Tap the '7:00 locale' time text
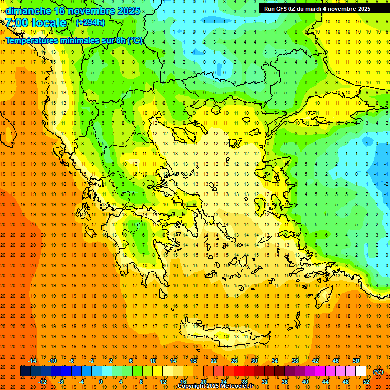tap(36, 23)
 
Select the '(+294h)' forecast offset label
tap(90, 22)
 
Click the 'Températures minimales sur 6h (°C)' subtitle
tap(74, 40)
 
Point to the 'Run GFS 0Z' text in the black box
tap(279, 9)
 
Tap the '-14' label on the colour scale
tap(32, 361)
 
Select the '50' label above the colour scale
tap(356, 361)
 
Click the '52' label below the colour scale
tap(366, 382)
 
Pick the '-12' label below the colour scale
tap(43, 382)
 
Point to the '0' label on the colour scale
tap(101, 382)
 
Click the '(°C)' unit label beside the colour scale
tap(378, 372)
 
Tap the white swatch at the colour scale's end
tap(361, 371)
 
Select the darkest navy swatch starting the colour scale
tap(25, 371)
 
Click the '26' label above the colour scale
tap(234, 361)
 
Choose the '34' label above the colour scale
tap(275, 361)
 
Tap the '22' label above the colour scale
tap(214, 361)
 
